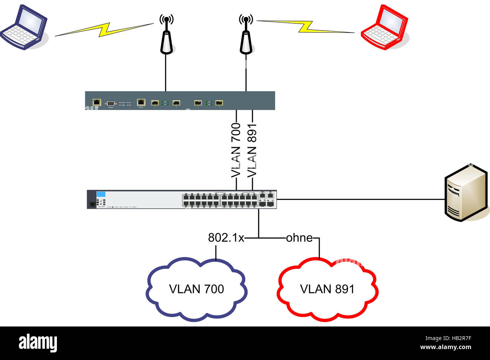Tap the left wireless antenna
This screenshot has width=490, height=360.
(x=166, y=38)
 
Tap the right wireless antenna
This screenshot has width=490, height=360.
(x=246, y=38)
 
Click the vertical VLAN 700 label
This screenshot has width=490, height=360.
(x=236, y=150)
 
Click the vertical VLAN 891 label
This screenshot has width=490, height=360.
(x=252, y=150)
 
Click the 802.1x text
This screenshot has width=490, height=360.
(x=226, y=238)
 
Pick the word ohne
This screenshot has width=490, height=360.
(x=299, y=238)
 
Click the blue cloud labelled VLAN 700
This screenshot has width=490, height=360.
(x=196, y=289)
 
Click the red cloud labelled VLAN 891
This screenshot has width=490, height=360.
(x=327, y=289)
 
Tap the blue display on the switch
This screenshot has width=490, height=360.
(x=101, y=194)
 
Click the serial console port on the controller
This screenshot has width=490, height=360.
(x=111, y=103)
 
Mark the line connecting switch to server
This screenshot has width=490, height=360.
(x=358, y=199)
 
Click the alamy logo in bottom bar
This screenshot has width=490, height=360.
(x=38, y=343)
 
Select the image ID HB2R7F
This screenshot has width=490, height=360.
(x=456, y=338)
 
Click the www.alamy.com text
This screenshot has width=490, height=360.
(x=446, y=347)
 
